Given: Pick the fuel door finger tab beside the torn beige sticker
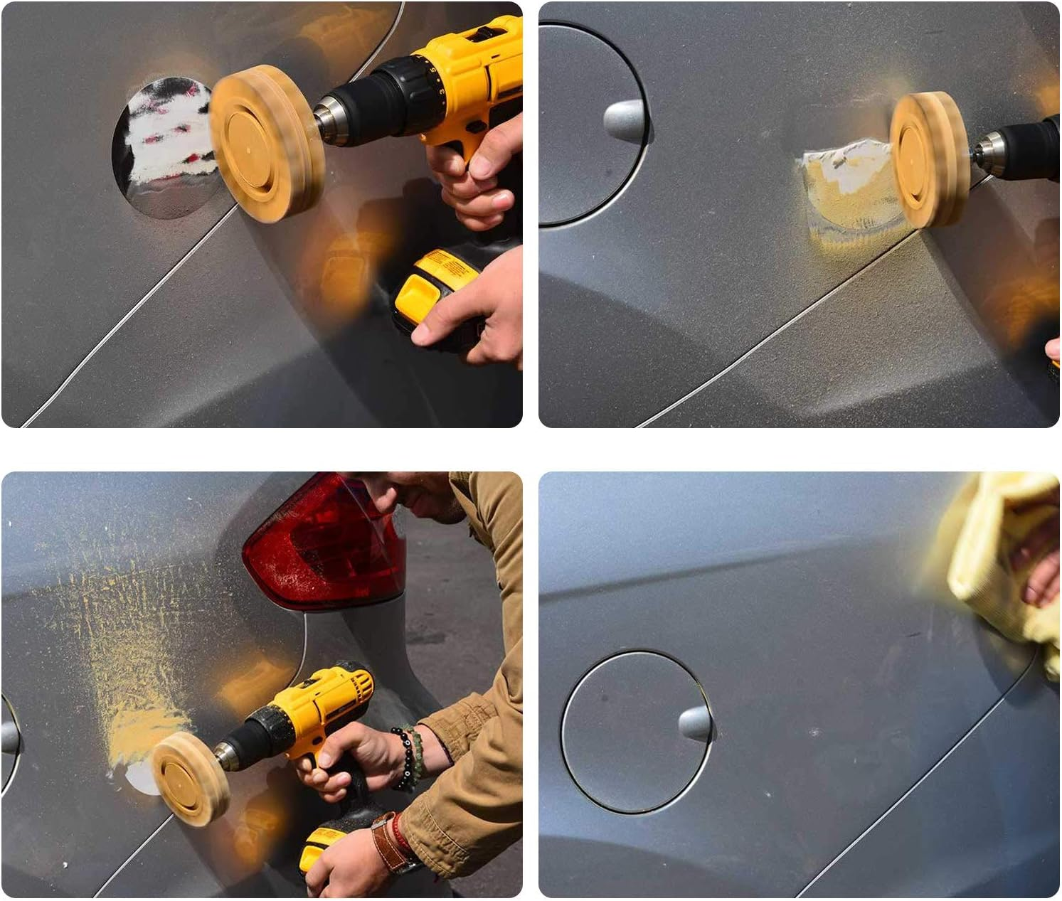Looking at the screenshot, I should pos(624,119).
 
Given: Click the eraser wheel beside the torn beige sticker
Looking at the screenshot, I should pos(928,160).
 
